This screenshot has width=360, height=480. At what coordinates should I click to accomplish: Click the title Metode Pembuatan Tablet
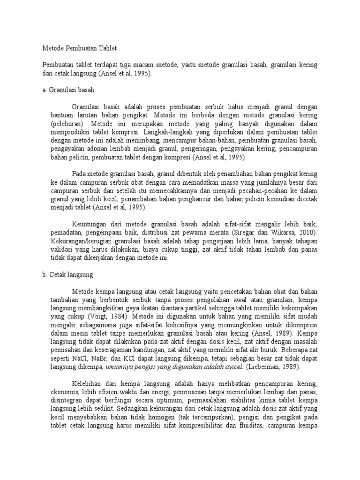(x=79, y=48)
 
